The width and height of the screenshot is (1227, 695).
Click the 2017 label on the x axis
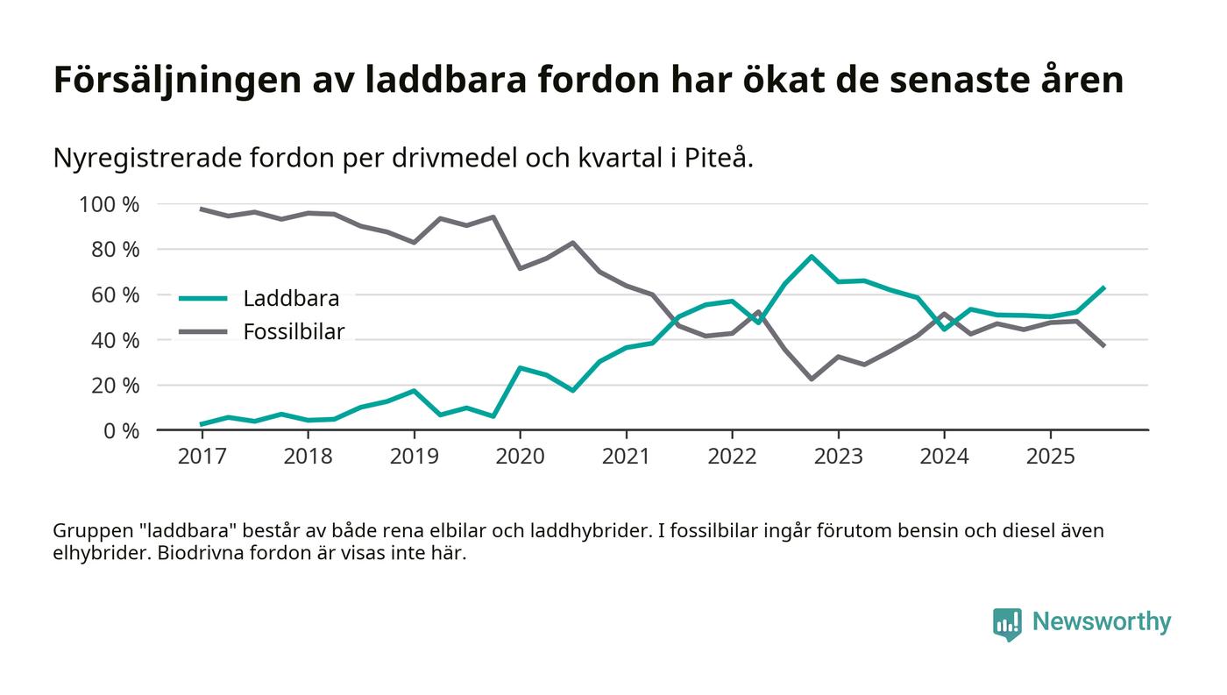tap(201, 457)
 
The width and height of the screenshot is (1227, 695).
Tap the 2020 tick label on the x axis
tap(520, 457)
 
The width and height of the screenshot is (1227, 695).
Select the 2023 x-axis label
tap(838, 457)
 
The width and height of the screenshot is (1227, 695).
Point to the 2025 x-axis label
tap(1050, 457)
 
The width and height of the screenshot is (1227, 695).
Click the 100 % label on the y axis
tap(110, 205)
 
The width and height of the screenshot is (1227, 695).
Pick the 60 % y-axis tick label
tap(115, 295)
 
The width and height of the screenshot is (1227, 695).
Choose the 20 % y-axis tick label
tap(115, 386)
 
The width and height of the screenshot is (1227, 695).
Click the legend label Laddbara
tap(291, 299)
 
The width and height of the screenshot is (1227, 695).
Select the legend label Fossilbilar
tap(294, 331)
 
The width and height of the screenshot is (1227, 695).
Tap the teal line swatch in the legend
tap(203, 299)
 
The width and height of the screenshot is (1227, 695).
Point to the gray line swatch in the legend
tap(203, 331)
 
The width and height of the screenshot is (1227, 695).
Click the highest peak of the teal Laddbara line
tap(812, 257)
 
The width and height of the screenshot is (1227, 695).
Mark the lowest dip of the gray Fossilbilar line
tap(812, 379)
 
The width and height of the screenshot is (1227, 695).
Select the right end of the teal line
tap(1103, 287)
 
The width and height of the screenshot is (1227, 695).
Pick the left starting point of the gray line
tap(202, 209)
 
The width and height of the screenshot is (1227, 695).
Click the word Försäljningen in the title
tap(176, 81)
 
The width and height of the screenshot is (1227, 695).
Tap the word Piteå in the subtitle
tap(725, 159)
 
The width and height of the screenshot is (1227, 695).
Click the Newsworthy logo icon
tap(1007, 623)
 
